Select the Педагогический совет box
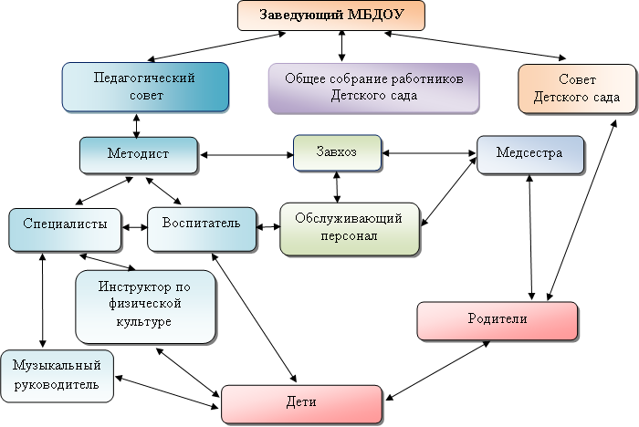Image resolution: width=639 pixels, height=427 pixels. pyautogui.click(x=145, y=87)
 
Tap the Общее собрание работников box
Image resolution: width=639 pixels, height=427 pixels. pyautogui.click(x=373, y=88)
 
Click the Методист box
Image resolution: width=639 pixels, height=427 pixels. pyautogui.click(x=138, y=154)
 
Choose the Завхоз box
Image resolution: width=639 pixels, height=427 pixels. pyautogui.click(x=337, y=152)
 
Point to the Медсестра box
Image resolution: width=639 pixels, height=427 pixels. pyautogui.click(x=530, y=153)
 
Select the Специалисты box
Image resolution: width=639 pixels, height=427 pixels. pyautogui.click(x=64, y=228)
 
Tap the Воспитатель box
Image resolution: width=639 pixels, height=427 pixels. pyautogui.click(x=201, y=227)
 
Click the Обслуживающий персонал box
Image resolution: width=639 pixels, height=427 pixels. pyautogui.click(x=350, y=228)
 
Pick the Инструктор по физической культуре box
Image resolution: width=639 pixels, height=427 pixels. pyautogui.click(x=145, y=305)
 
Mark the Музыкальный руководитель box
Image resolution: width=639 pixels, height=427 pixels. pyautogui.click(x=57, y=375)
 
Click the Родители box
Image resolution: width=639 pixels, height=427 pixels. pyautogui.click(x=498, y=319)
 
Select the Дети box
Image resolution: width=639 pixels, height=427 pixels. pyautogui.click(x=300, y=403)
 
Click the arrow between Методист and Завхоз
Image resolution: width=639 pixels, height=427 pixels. pyautogui.click(x=245, y=153)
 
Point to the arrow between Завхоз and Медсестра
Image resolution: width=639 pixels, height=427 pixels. pyautogui.click(x=429, y=153)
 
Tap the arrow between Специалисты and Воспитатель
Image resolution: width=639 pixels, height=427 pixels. pyautogui.click(x=134, y=227)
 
